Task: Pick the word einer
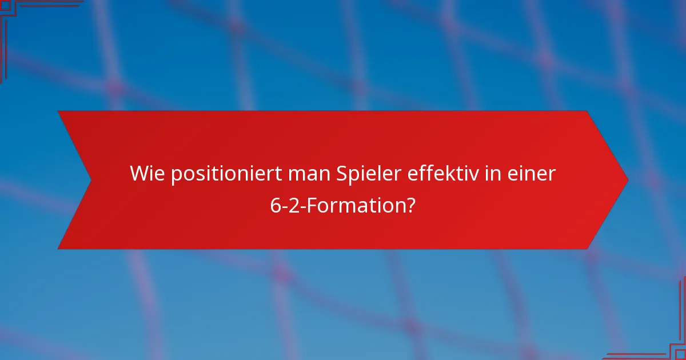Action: [x=532, y=174]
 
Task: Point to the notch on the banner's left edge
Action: [x=91, y=180]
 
